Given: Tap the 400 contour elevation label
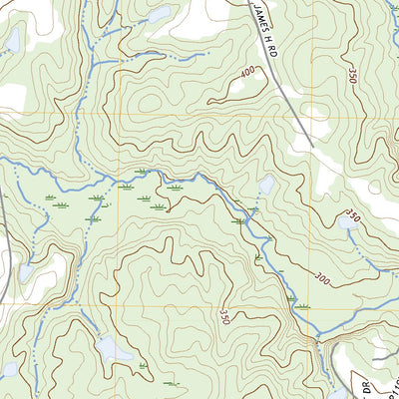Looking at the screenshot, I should click(247, 72).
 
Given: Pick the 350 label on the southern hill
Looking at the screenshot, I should click(224, 315).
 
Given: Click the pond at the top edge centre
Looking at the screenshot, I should click(159, 15).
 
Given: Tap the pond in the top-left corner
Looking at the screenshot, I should click(12, 40).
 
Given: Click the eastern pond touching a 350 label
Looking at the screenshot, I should click(347, 223).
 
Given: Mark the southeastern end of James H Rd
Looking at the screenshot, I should click(312, 146).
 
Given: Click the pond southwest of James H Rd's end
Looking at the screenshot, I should click(266, 185).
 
